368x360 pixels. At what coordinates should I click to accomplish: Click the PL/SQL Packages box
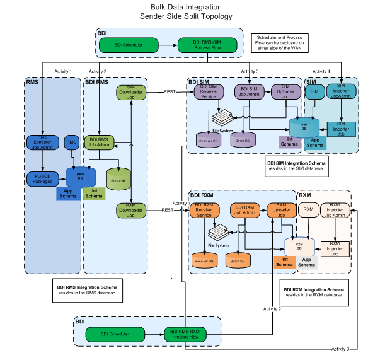(43, 179)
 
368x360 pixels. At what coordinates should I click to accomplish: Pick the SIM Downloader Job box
(130, 93)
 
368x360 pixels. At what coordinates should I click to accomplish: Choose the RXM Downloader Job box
(130, 210)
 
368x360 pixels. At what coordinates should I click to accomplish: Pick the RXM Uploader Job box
(281, 210)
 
